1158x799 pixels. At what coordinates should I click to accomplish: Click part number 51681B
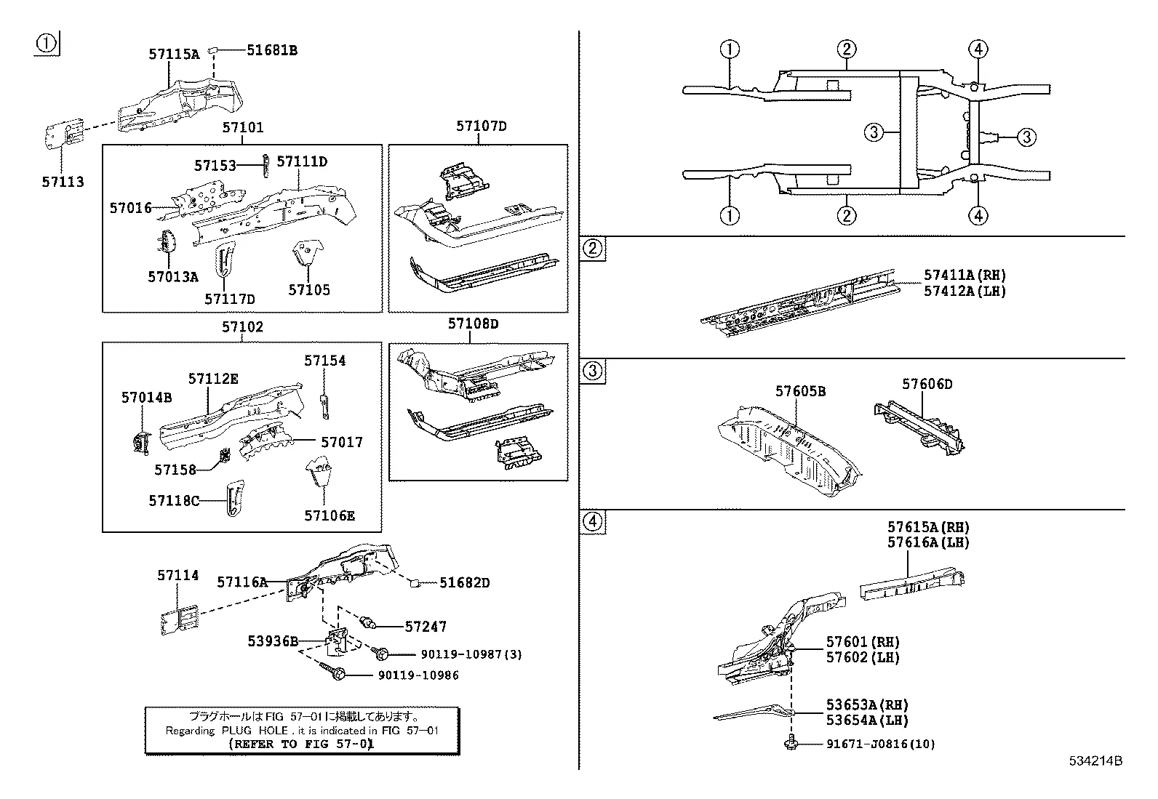click(x=272, y=50)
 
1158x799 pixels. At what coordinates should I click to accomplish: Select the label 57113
click(x=63, y=182)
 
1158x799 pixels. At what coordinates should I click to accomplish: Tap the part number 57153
click(x=215, y=166)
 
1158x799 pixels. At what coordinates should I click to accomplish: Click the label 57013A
click(x=173, y=276)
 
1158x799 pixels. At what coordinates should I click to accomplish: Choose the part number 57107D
click(x=482, y=126)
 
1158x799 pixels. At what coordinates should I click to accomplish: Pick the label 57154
click(x=325, y=361)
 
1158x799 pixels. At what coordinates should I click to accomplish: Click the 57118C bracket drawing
click(x=232, y=499)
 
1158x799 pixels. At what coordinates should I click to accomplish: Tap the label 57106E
click(x=330, y=515)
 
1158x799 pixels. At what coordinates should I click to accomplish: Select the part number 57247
click(x=426, y=626)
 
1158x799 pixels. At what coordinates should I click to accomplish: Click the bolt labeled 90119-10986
click(x=339, y=674)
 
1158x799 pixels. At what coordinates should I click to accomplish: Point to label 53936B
click(x=273, y=641)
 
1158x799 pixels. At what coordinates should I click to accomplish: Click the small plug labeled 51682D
click(x=413, y=582)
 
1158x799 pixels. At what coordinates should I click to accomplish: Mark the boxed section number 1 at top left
click(x=47, y=44)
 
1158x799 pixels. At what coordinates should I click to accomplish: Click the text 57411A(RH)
click(x=965, y=275)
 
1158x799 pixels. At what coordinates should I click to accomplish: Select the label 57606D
click(x=927, y=384)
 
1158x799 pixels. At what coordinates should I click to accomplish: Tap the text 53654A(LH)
click(x=867, y=720)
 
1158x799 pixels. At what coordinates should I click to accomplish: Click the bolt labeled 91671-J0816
click(x=791, y=743)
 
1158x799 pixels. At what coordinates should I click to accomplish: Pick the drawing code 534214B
click(x=1095, y=761)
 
